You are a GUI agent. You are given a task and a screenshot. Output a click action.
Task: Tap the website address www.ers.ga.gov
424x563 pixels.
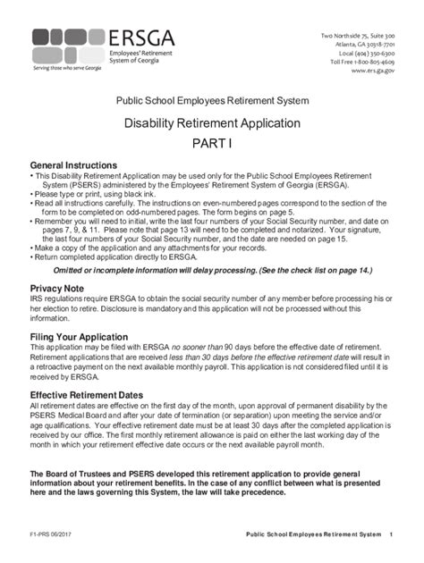pos(374,70)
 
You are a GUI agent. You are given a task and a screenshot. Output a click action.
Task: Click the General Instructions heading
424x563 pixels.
pos(73,166)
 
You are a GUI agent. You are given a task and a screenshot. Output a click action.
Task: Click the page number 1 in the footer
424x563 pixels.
pos(392,535)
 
